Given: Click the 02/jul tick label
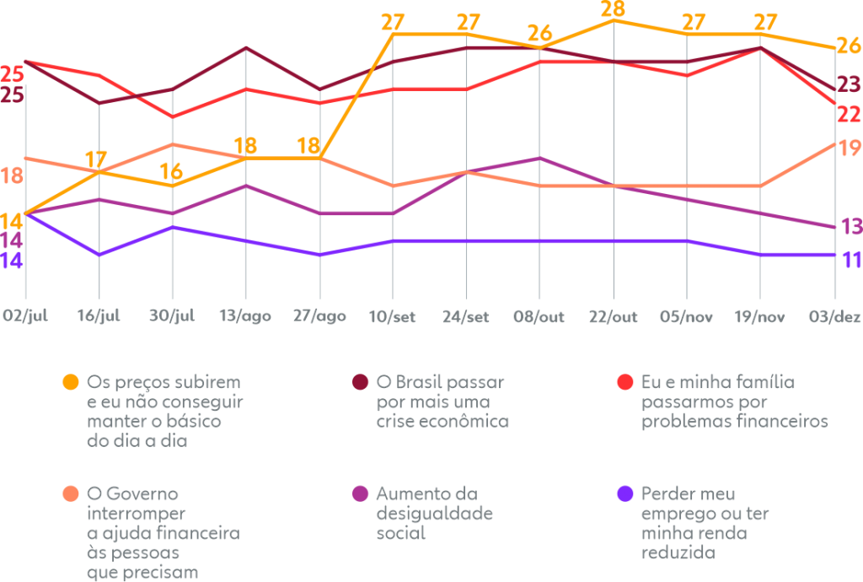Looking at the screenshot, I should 24,316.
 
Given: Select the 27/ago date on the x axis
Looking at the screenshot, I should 319,316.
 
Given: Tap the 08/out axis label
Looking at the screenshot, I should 539,316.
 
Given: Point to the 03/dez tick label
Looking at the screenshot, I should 835,316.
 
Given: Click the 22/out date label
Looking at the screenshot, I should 613,316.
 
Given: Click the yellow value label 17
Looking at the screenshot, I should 96,159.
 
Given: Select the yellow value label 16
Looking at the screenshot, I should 171,172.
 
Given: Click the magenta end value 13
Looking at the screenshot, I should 851,226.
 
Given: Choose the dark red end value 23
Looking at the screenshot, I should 850,84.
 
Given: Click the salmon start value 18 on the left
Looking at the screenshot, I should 12,175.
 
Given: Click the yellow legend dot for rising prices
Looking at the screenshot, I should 72,382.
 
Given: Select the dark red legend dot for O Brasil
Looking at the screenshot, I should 360,382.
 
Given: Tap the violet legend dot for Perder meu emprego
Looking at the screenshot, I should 625,493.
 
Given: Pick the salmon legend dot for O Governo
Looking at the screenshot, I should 72,493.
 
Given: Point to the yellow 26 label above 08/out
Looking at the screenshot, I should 539,34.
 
